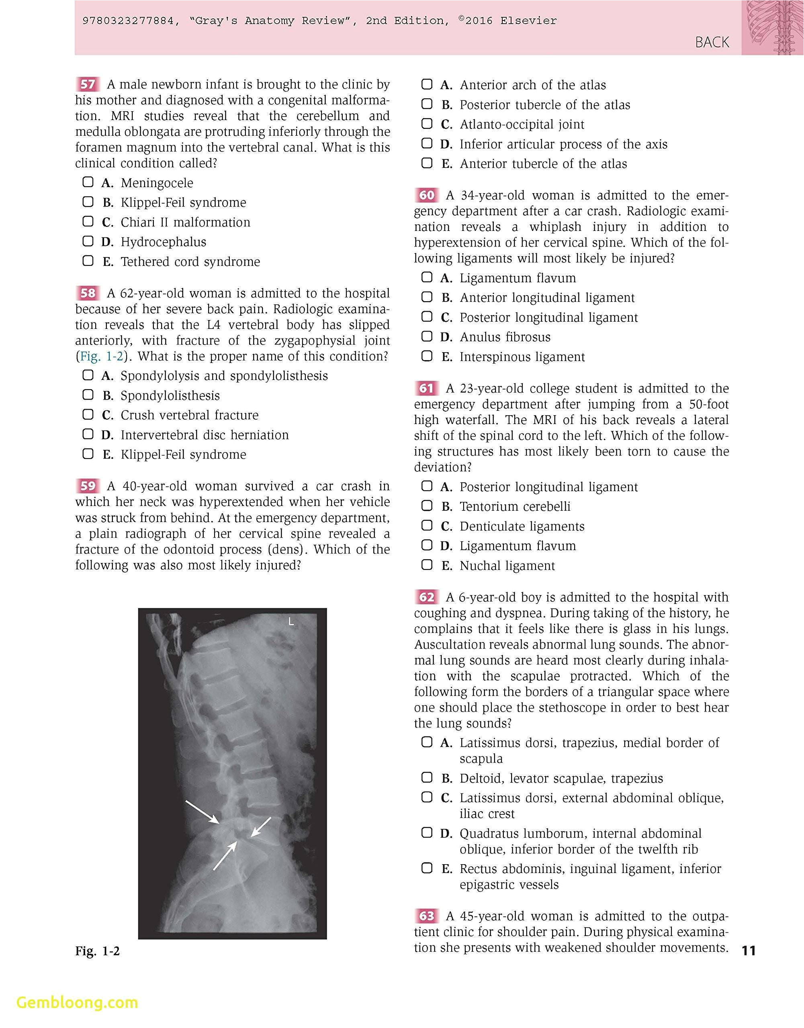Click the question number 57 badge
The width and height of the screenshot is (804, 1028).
(88, 84)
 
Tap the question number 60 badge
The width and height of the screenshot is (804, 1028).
(426, 195)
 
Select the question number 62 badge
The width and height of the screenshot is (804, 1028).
(426, 597)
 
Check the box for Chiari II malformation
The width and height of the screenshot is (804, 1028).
(88, 221)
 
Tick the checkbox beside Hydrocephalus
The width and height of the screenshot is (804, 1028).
(88, 241)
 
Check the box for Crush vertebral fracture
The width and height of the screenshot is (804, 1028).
(88, 414)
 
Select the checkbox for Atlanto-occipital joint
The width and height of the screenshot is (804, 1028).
(427, 124)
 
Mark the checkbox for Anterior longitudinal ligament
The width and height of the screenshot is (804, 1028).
(427, 297)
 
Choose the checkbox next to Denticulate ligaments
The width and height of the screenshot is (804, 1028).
(427, 525)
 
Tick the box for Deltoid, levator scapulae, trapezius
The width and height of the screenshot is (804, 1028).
(427, 777)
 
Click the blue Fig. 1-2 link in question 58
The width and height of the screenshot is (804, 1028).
(101, 356)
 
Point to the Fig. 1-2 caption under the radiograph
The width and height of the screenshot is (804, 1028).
(98, 951)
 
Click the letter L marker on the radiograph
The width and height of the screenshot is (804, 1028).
(291, 622)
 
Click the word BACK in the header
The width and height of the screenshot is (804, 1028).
(712, 42)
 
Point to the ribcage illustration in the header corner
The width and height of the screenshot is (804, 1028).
(772, 27)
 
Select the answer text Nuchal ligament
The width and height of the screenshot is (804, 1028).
(507, 565)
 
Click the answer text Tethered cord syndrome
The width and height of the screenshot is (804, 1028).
(190, 261)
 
